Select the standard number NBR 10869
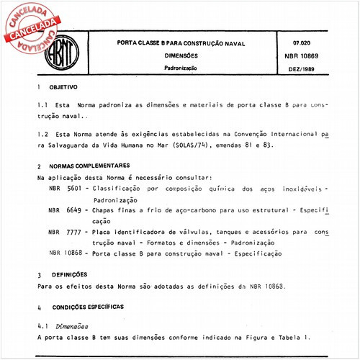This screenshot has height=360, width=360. pyautogui.click(x=303, y=56)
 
